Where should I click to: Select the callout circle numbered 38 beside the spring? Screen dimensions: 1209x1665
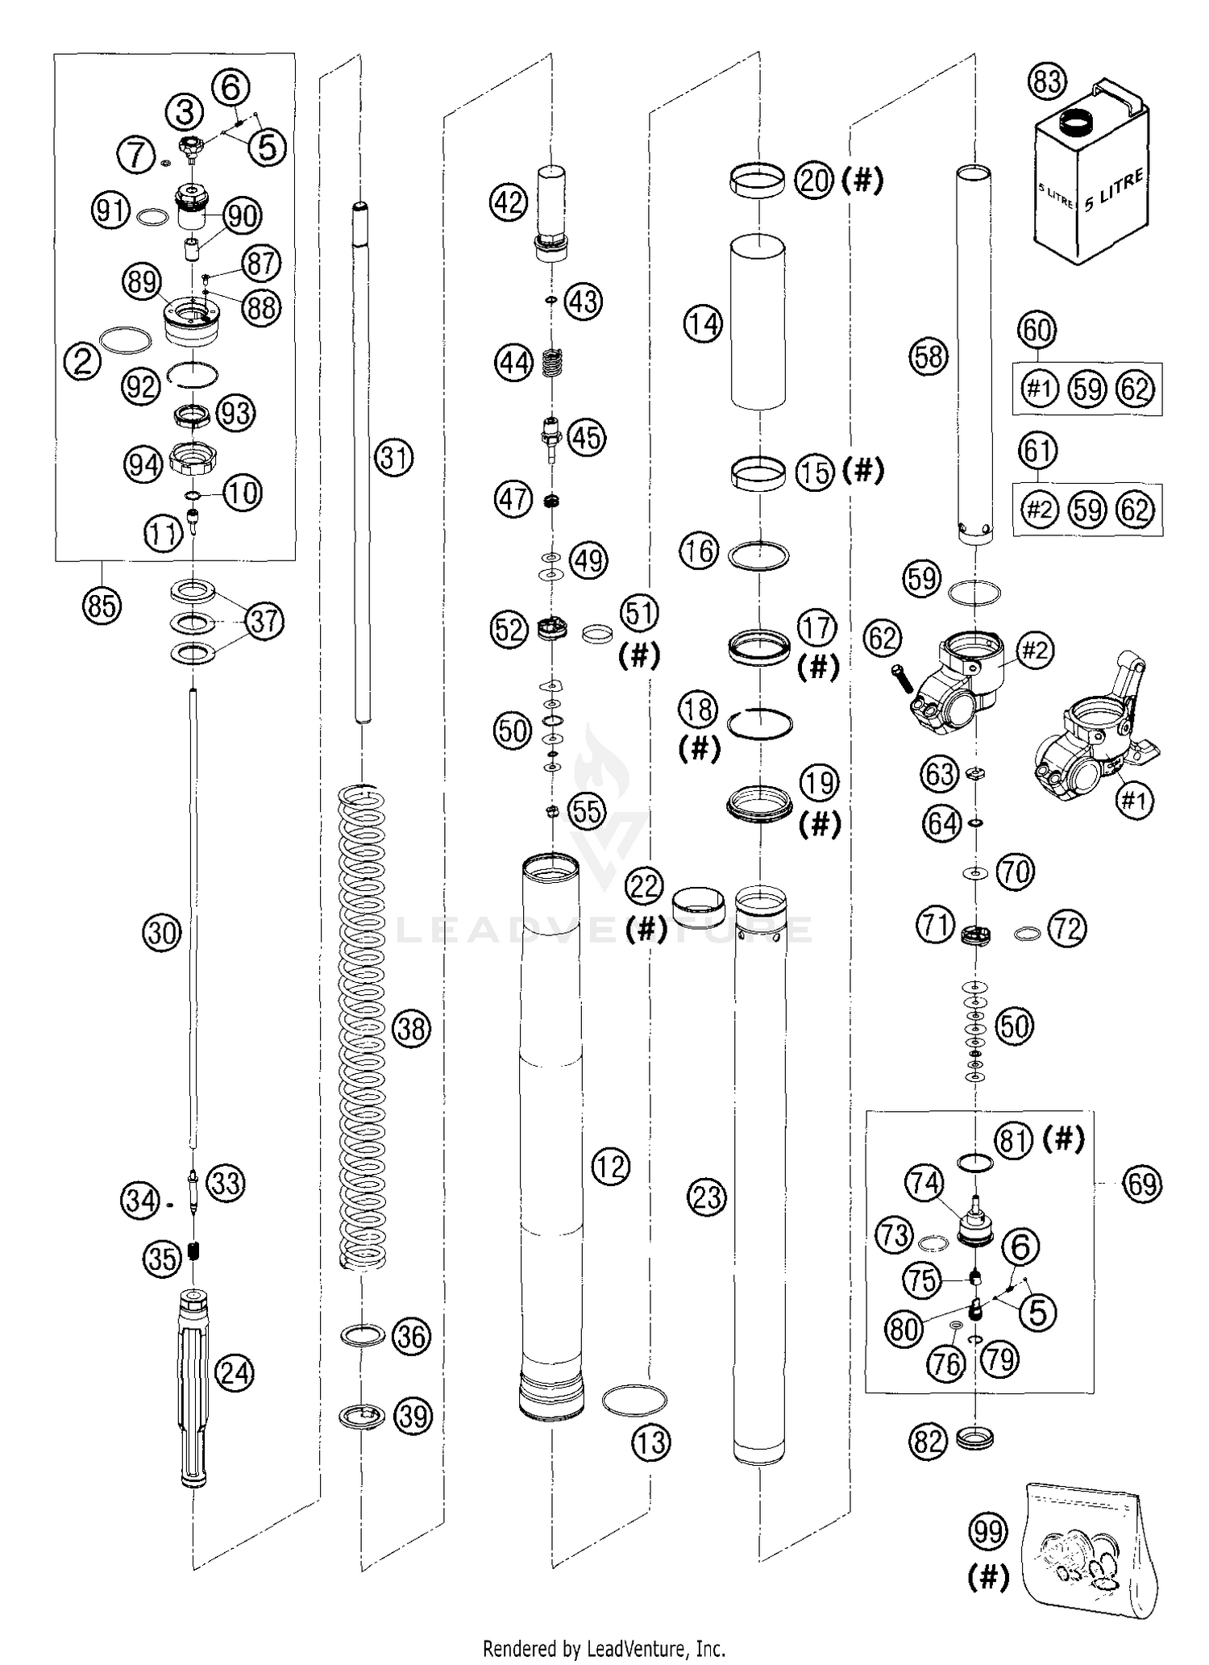tap(413, 1029)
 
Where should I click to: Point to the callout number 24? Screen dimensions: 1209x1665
tap(235, 1373)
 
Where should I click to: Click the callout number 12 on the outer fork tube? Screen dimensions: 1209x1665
tap(610, 1166)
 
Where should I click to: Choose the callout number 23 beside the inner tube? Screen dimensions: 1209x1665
tap(707, 1197)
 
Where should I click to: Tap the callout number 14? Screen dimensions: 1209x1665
tap(703, 325)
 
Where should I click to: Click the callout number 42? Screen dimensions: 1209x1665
tap(508, 203)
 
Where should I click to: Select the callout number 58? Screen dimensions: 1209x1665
tap(929, 356)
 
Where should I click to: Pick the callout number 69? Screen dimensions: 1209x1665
tap(1143, 1184)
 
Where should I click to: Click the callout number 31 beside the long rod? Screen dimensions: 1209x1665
tap(394, 458)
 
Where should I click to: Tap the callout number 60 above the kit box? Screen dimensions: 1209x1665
tap(1037, 331)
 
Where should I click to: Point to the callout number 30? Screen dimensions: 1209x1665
tap(161, 933)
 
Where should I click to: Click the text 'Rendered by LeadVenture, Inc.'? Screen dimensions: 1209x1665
tap(604, 1649)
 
